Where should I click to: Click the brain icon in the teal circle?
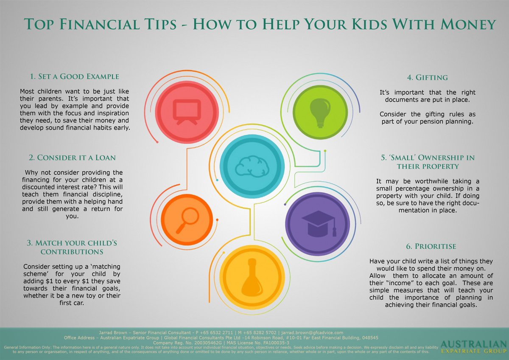click(252, 166)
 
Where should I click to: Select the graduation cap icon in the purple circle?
click(318, 223)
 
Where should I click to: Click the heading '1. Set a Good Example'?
click(74, 77)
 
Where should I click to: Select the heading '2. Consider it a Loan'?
click(73, 157)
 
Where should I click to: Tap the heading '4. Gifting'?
click(427, 78)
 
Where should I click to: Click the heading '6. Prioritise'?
click(427, 246)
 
